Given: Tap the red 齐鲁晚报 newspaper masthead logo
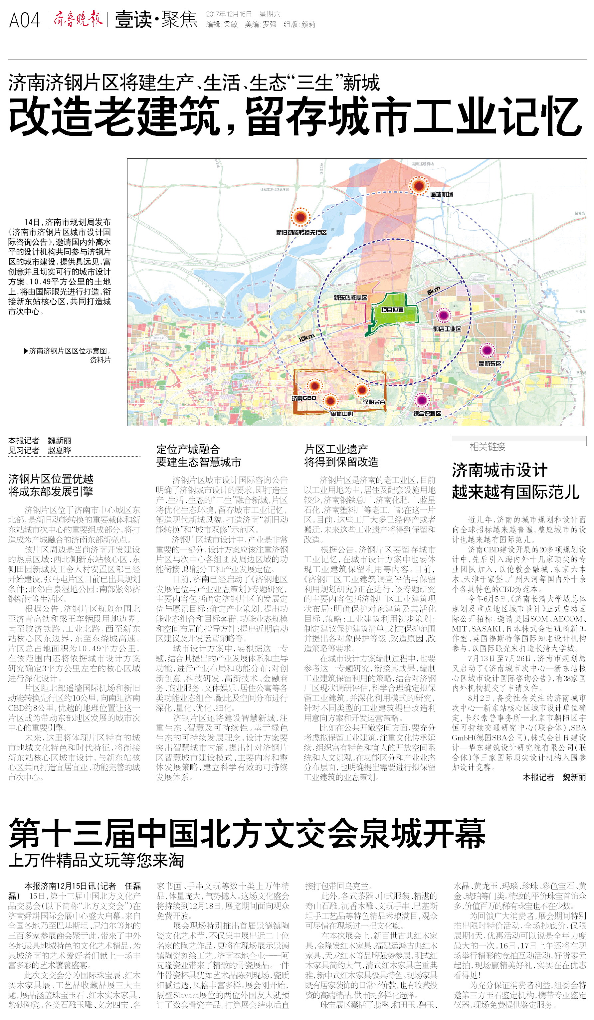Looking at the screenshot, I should coord(78,19).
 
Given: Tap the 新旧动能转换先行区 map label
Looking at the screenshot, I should coord(301,232).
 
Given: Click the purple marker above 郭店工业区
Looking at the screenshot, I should coord(444,315).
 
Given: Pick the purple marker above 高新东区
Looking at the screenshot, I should coord(487,350).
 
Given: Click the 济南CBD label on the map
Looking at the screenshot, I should coord(304,398).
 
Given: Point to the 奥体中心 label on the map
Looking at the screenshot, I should coord(341,414).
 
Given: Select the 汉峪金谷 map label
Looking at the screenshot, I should coord(374,402).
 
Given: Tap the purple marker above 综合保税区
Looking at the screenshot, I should coord(422,400).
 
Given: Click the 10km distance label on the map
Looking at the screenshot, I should coord(306,337).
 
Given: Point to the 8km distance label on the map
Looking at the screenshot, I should coord(433,291).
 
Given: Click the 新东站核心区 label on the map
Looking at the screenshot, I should coord(350,298).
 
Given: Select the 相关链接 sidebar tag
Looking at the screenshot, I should coord(487,447).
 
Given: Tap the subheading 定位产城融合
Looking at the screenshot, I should coord(188,449).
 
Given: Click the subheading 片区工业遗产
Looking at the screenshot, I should coord(336,449).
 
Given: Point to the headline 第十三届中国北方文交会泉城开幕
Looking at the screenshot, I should coord(247,833).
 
